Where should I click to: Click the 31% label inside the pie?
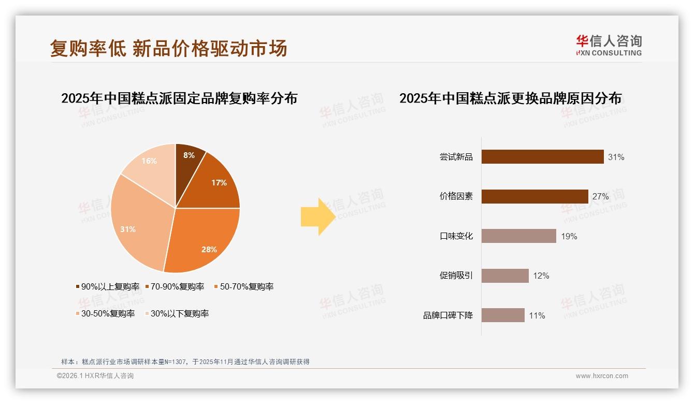click(x=128, y=229)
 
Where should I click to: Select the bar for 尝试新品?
click(x=542, y=156)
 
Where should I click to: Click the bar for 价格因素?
click(x=534, y=196)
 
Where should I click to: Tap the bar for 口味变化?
click(x=518, y=236)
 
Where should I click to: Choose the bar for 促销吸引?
click(x=505, y=276)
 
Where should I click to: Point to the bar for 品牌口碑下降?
click(x=503, y=315)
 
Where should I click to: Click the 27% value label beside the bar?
click(x=601, y=197)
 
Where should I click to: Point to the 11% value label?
click(x=537, y=316)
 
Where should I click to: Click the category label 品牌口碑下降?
click(x=448, y=315)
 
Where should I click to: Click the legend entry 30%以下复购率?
click(x=179, y=313)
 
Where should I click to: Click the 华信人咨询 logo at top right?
click(x=609, y=45)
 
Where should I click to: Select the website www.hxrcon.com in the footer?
click(x=602, y=376)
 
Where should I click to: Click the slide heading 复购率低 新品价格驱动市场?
click(x=169, y=49)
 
